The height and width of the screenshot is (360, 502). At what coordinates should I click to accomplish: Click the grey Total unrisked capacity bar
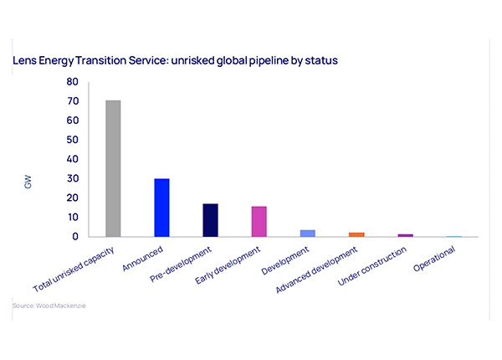113,168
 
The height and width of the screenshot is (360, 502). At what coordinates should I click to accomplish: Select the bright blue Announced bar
161,208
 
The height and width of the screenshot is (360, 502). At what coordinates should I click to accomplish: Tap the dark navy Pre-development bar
210,220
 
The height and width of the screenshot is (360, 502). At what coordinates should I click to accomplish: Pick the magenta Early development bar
259,221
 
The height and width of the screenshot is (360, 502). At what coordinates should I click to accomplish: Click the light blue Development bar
308,233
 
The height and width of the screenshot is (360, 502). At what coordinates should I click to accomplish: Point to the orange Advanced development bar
356,234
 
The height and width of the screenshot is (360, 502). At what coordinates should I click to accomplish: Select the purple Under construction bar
405,235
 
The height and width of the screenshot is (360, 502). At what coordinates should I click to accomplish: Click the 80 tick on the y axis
73,82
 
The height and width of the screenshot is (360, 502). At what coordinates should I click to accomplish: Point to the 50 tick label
73,140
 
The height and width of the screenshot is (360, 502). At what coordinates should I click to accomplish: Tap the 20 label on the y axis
73,198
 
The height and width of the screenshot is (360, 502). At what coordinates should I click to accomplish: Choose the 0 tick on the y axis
75,236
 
